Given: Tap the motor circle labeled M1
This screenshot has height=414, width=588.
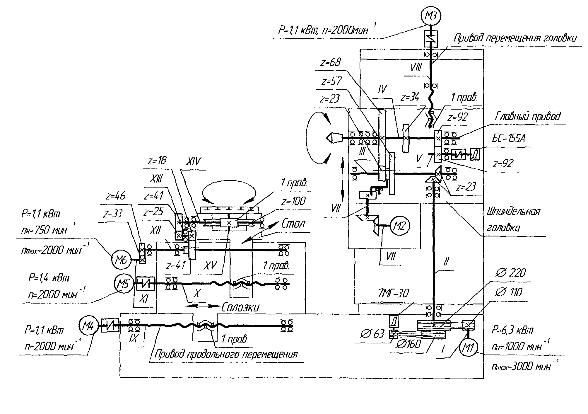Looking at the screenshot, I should (x=469, y=348).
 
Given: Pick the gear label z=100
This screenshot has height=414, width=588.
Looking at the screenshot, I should (x=293, y=201).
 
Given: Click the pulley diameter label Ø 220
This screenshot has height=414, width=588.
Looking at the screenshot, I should (x=510, y=273).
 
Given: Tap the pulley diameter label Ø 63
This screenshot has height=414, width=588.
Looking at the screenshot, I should (x=372, y=333).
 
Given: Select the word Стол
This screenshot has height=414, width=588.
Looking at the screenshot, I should (x=293, y=224).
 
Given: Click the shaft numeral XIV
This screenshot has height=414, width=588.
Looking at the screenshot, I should (x=193, y=161).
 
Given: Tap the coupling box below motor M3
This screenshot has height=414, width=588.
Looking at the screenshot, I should (x=431, y=38).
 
